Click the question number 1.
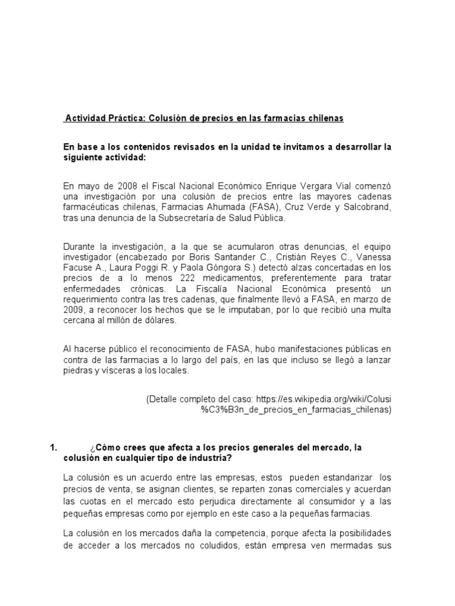click(x=53, y=448)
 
